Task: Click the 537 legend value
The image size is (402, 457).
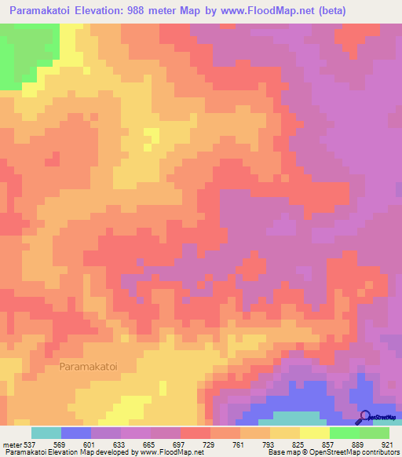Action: (24, 444)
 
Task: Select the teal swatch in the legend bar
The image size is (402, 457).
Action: (46, 433)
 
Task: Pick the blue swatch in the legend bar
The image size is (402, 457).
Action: (75, 433)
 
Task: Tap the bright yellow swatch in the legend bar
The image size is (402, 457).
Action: (314, 433)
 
